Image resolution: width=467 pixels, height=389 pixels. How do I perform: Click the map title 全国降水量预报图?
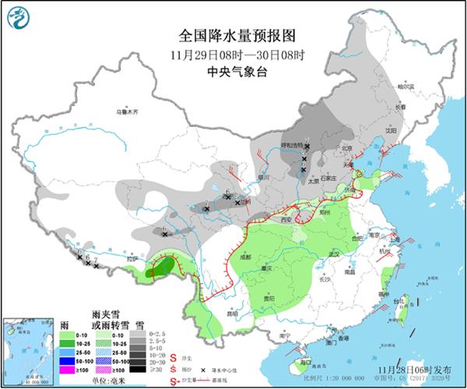(x=233, y=36)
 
